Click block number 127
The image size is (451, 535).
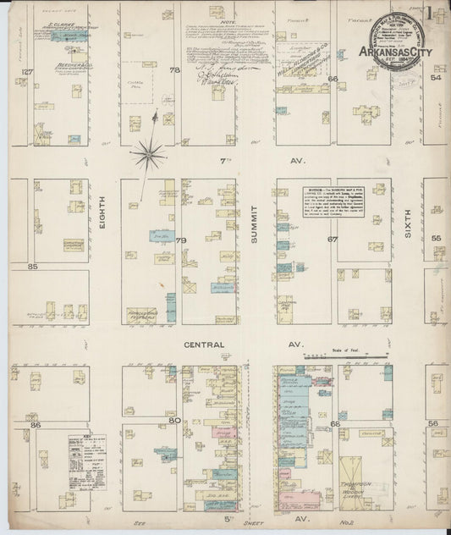point(26,72)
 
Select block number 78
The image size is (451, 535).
point(175,72)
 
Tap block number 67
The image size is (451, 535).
point(333,240)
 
